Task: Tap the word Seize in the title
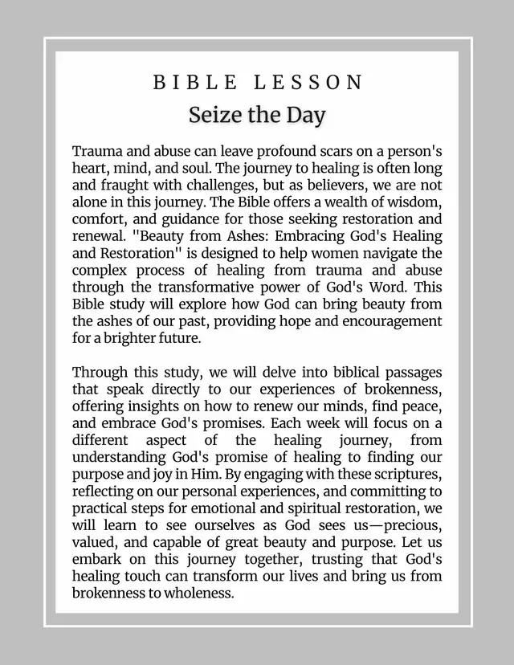point(212,115)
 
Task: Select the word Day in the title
point(306,115)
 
